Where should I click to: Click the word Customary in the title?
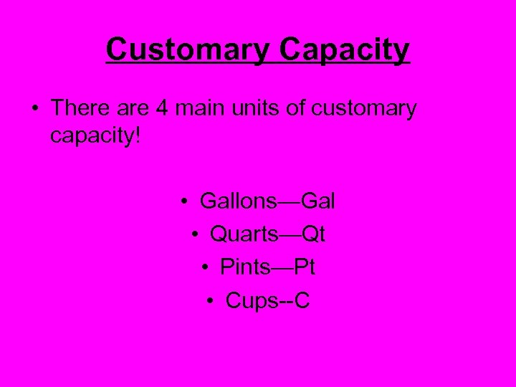tap(188, 50)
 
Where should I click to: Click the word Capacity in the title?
tap(345, 50)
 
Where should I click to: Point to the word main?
tap(199, 108)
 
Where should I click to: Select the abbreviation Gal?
tap(318, 201)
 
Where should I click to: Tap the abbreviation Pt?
tap(303, 267)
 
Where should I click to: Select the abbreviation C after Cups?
tap(302, 301)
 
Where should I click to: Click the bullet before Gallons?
tap(185, 202)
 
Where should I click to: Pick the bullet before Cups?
tap(211, 302)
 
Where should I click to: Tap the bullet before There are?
tap(34, 110)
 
